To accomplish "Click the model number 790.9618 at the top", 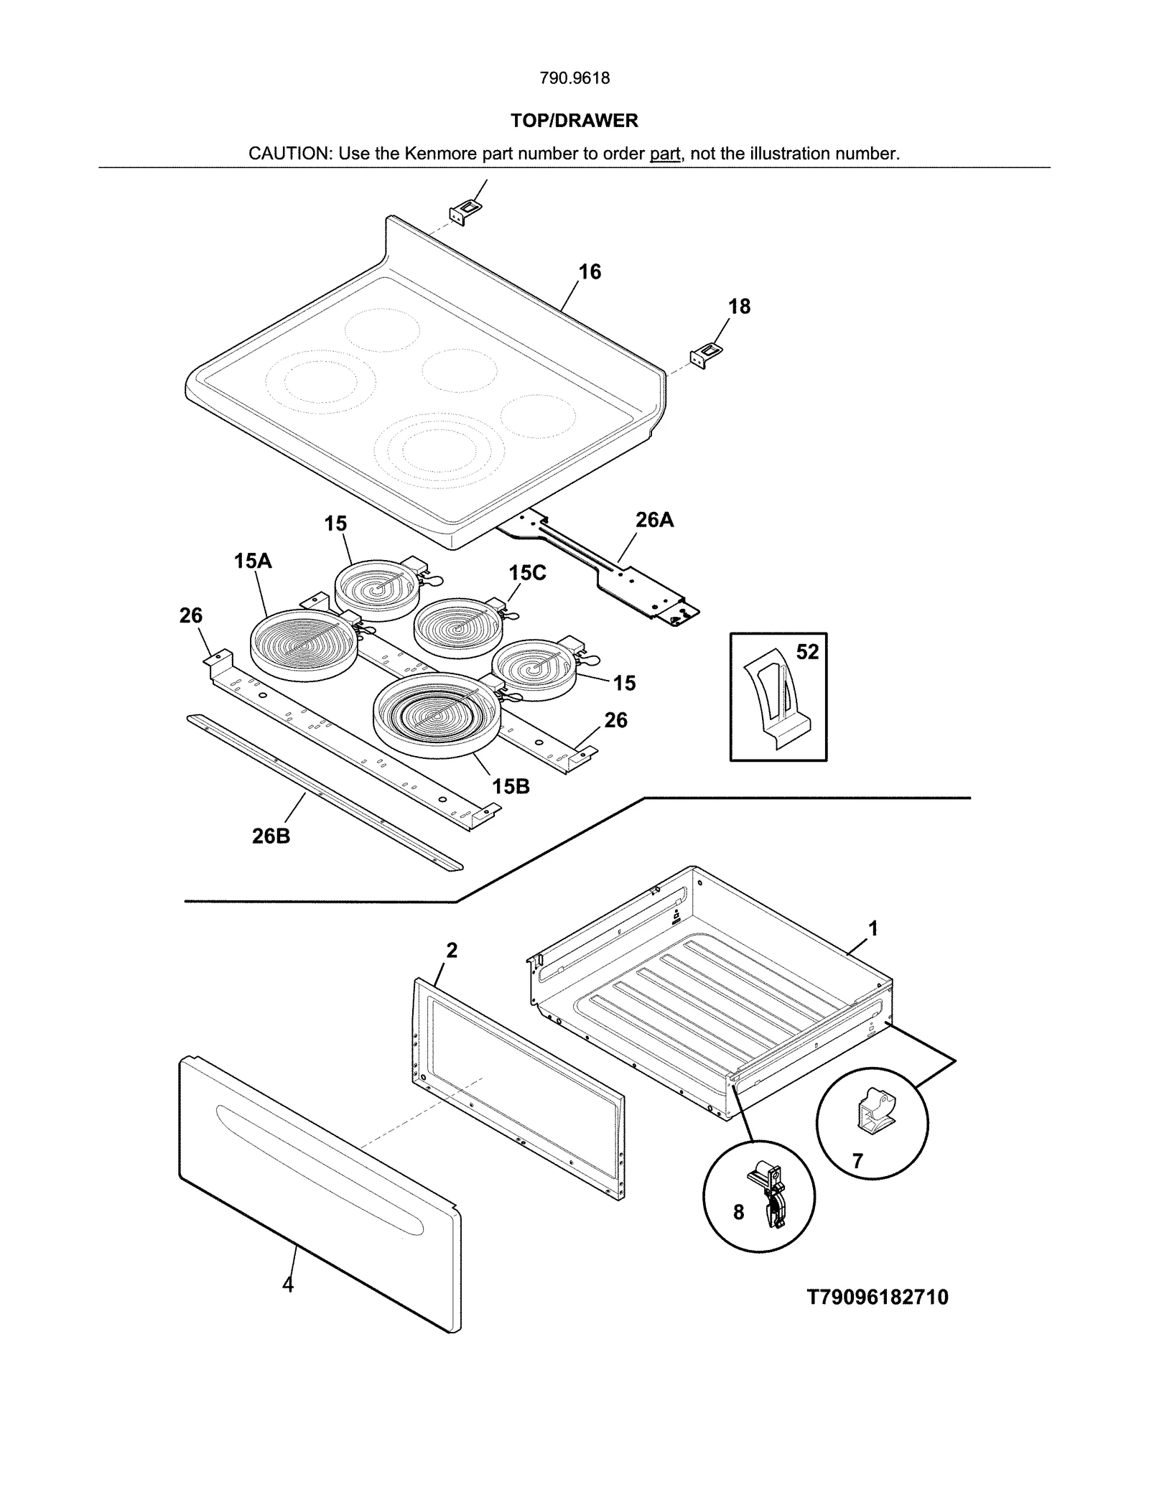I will point(574,78).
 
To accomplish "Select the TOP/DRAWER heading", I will point(574,121).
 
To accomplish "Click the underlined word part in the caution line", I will point(664,154).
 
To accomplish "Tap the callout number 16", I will point(590,272).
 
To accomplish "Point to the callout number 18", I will point(739,307).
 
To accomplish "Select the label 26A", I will point(654,520).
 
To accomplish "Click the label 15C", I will point(527,573).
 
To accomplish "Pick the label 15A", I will point(253,561).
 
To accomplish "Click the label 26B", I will point(271,836).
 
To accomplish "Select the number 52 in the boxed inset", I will point(807,652).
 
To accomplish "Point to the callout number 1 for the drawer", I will point(873,929).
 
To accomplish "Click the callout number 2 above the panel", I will point(451,951).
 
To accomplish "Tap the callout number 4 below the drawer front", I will point(288,1285).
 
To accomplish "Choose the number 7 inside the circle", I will point(857,1161).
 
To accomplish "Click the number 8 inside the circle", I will point(738,1213).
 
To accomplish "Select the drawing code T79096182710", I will point(878,1297).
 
